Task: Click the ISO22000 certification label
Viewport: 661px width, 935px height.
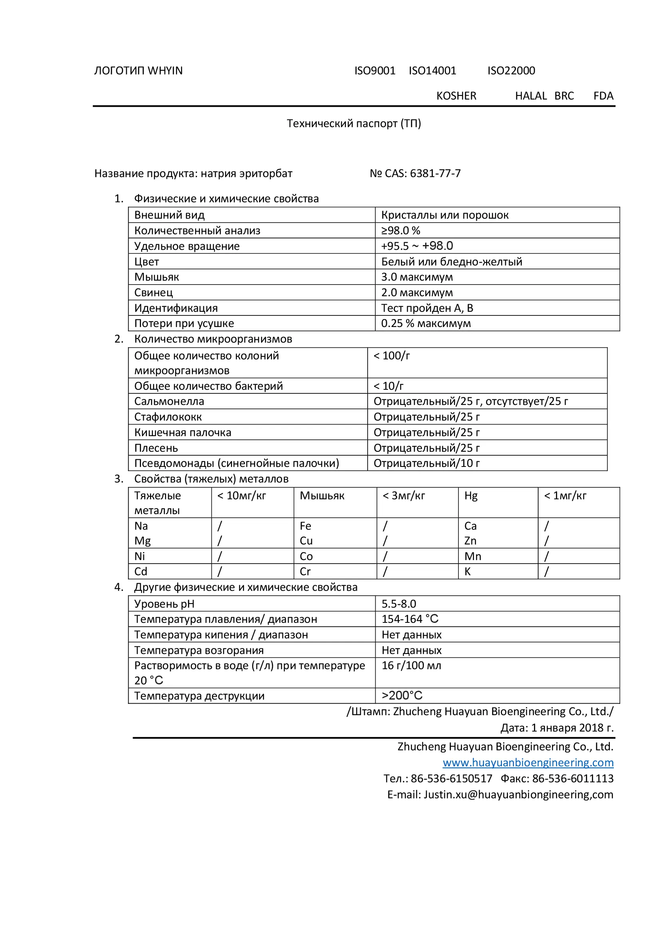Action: click(x=511, y=71)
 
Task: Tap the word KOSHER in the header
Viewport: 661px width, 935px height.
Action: click(x=456, y=96)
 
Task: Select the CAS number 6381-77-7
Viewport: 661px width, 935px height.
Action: click(x=435, y=173)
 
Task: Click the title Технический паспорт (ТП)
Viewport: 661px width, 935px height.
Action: click(x=354, y=124)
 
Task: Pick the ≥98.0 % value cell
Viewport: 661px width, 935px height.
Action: click(x=400, y=231)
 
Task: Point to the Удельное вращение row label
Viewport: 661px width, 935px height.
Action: click(x=187, y=246)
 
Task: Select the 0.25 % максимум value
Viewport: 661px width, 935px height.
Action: click(x=426, y=323)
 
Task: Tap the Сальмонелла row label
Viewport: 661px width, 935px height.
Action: click(x=169, y=401)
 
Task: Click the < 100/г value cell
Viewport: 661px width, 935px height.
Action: click(x=392, y=356)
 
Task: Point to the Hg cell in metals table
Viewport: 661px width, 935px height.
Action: click(x=471, y=496)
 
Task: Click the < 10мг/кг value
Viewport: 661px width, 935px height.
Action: click(x=241, y=496)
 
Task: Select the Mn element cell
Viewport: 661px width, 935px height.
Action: click(x=472, y=557)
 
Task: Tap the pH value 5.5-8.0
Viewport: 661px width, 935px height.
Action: click(x=399, y=604)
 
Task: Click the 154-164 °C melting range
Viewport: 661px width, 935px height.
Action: click(x=410, y=619)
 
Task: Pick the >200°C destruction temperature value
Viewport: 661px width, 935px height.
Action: click(x=402, y=696)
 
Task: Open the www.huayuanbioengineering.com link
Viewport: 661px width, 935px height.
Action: click(x=528, y=763)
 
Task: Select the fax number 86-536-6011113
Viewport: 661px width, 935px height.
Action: click(x=573, y=779)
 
